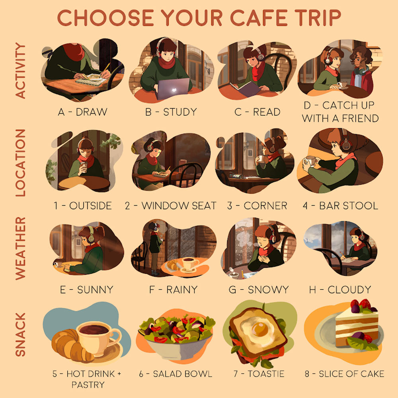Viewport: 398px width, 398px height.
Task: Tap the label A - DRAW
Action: pos(83,112)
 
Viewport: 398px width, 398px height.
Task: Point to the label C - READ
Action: pos(258,112)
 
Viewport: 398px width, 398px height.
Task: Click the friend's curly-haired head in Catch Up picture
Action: pos(361,57)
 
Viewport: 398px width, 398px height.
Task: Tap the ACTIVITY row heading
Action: pos(20,70)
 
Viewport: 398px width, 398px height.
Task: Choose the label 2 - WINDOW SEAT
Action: pos(171,206)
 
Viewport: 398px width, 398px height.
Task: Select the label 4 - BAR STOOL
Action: pos(340,206)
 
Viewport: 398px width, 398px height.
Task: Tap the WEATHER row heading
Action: pos(20,248)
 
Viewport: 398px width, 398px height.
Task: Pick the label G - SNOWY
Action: pos(259,289)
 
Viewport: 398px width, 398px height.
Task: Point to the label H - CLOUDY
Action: pos(340,289)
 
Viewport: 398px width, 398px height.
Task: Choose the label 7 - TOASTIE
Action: pos(259,374)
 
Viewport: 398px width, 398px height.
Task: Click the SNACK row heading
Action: pos(20,335)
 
